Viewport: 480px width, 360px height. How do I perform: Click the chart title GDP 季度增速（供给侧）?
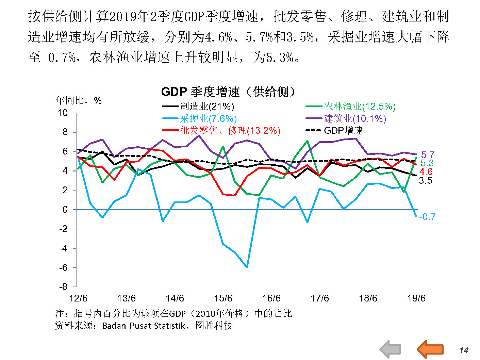228,92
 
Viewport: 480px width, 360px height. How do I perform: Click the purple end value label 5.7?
428,155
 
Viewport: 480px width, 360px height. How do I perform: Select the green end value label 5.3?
427,163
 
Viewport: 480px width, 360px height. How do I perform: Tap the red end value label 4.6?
426,172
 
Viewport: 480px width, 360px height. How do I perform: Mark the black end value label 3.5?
425,181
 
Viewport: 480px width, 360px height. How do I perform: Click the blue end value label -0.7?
427,217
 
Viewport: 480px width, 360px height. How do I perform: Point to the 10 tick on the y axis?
63,113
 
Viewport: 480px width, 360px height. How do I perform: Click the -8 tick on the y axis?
64,287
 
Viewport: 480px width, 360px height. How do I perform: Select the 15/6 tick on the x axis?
223,298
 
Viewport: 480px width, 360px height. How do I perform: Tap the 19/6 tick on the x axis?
416,298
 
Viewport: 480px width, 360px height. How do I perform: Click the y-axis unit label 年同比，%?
79,100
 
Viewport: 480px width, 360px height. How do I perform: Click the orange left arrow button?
430,349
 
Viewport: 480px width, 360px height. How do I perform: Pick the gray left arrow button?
390,349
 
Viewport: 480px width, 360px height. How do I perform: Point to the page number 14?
464,350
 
